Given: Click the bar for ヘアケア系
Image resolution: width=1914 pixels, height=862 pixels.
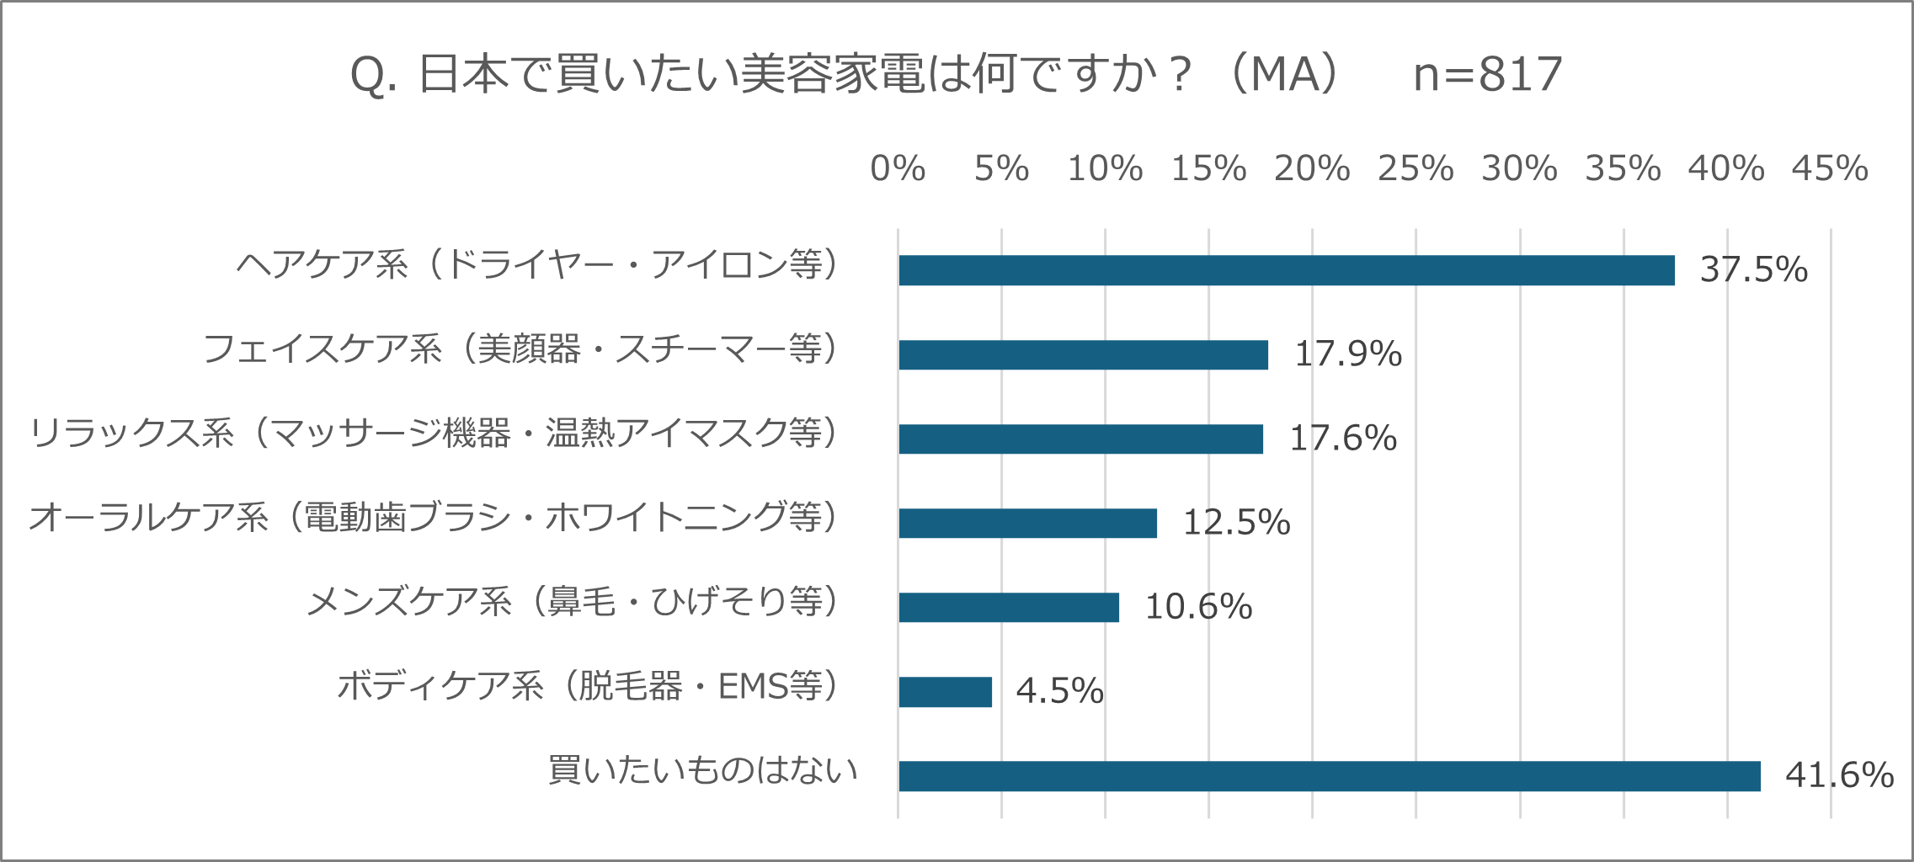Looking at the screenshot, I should [1286, 270].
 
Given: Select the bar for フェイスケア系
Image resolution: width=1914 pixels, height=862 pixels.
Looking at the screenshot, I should [1083, 354].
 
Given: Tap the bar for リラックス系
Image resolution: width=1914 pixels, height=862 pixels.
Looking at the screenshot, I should [1080, 439].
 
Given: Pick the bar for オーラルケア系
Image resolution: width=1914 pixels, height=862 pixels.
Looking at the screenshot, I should [1027, 523].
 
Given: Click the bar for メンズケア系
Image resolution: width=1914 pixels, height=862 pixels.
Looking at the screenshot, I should [1008, 607].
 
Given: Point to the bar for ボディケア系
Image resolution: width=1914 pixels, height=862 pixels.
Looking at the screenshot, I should [945, 691].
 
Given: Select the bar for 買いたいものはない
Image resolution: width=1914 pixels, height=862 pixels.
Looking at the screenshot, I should [1329, 775].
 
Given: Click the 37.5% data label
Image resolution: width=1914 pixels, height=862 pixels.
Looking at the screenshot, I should [1753, 270].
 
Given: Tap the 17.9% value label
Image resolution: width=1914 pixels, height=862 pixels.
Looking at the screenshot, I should [1347, 354].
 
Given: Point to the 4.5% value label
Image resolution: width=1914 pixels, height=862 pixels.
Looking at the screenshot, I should [1059, 691].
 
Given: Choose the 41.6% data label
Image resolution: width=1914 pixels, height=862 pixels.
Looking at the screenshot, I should [1839, 775].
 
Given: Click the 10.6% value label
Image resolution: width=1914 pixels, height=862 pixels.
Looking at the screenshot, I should [1198, 607].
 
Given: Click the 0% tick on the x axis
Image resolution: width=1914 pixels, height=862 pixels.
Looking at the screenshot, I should [898, 169].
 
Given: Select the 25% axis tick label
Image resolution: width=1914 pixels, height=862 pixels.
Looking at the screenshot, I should [1416, 169].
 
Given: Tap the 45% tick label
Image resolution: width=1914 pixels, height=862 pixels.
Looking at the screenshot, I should [1830, 169].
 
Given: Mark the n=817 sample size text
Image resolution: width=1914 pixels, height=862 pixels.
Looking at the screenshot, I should [1488, 74].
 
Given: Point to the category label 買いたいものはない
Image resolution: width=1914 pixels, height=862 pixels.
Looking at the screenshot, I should [702, 770].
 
